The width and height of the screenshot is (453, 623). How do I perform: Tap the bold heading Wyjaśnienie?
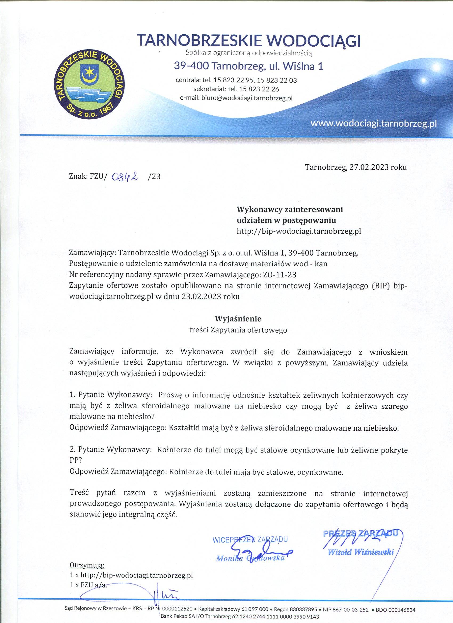coord(238,319)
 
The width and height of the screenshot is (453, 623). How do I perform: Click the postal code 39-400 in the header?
coord(191,66)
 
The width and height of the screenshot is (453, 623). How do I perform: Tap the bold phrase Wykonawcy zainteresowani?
coord(290,210)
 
